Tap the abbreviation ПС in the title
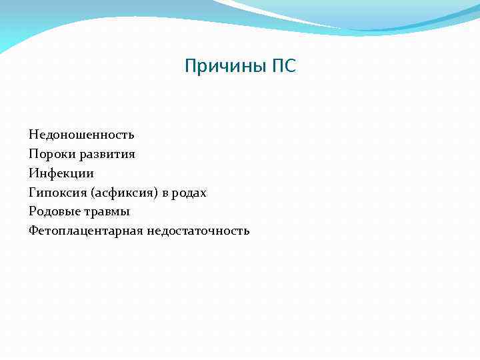pyautogui.click(x=283, y=67)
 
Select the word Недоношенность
pyautogui.click(x=81, y=135)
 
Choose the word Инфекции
pyautogui.click(x=61, y=173)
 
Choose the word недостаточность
pyautogui.click(x=198, y=231)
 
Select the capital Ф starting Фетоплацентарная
pyautogui.click(x=33, y=231)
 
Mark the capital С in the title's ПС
pyautogui.click(x=289, y=67)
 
